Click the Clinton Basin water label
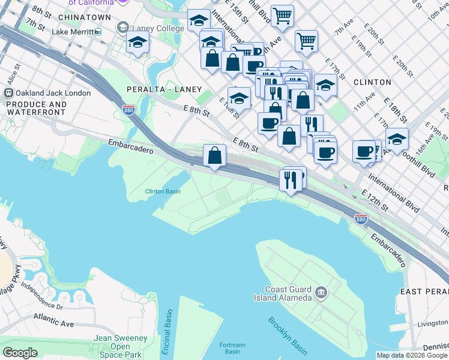163,192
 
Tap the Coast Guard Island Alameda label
289,293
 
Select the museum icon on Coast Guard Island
321,293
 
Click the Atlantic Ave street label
53,320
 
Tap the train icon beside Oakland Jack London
9,93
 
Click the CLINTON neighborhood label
372,82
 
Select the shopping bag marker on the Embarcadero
214,156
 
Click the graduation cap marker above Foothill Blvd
397,139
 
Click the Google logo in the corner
20,352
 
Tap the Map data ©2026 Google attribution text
412,355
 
